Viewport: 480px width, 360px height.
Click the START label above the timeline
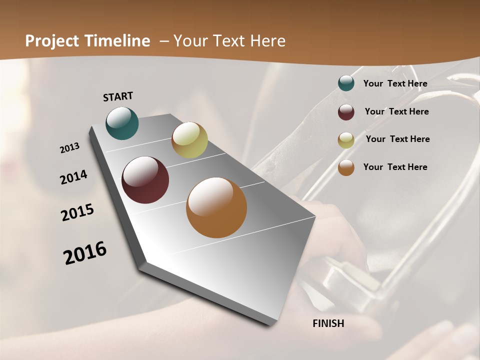118,96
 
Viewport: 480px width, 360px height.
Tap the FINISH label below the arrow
328,323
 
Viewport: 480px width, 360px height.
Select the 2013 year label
70,147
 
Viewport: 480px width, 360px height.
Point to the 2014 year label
73,177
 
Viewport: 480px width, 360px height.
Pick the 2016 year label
85,253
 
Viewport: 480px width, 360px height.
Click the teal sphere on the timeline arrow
122,123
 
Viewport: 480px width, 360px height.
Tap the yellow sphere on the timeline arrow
189,140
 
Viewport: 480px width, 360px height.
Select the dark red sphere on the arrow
145,180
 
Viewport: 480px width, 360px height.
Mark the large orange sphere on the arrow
216,207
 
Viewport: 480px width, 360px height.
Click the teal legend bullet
346,83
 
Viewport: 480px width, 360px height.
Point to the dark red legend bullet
346,112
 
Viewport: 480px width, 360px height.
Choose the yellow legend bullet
346,140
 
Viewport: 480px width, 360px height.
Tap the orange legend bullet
346,167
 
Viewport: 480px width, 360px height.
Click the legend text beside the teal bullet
395,83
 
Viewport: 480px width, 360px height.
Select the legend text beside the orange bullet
395,167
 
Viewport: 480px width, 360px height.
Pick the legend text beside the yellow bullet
397,139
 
